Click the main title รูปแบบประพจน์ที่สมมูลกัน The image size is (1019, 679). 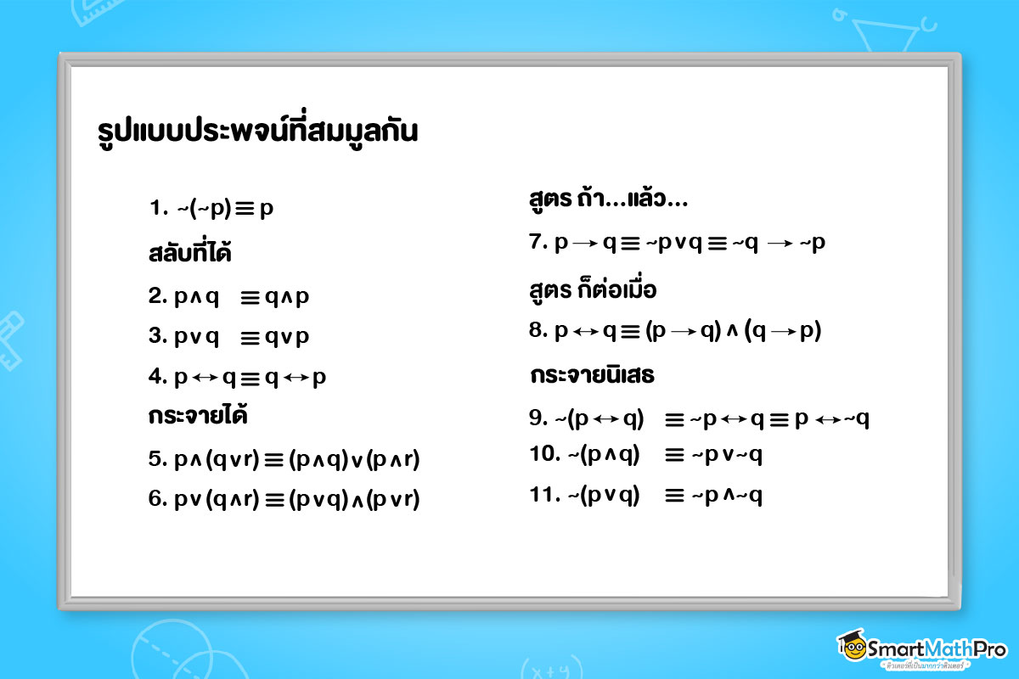point(258,133)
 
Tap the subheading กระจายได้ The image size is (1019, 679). point(198,417)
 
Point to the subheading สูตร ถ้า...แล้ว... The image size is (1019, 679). point(608,202)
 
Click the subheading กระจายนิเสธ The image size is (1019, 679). point(592,375)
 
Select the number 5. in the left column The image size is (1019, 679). point(158,460)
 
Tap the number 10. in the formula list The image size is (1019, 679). point(543,455)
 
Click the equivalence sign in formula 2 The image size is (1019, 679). point(250,298)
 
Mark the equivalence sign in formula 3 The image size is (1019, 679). point(250,337)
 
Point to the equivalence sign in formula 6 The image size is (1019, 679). point(273,500)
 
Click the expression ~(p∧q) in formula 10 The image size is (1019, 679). point(604,455)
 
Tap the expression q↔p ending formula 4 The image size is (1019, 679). point(296,378)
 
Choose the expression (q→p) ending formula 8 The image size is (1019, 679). point(783,332)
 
